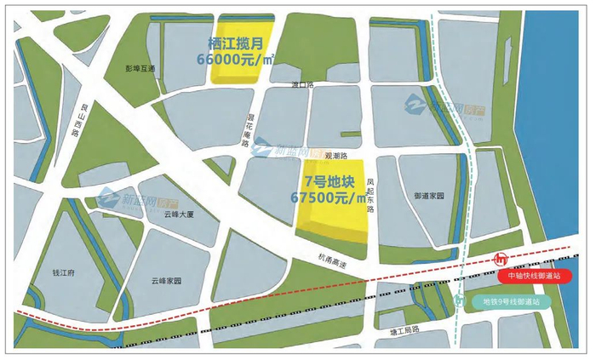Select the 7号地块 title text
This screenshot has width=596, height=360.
click(x=332, y=180)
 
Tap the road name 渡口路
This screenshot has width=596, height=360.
click(x=303, y=85)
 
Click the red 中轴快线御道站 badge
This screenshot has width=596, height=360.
click(x=535, y=277)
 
